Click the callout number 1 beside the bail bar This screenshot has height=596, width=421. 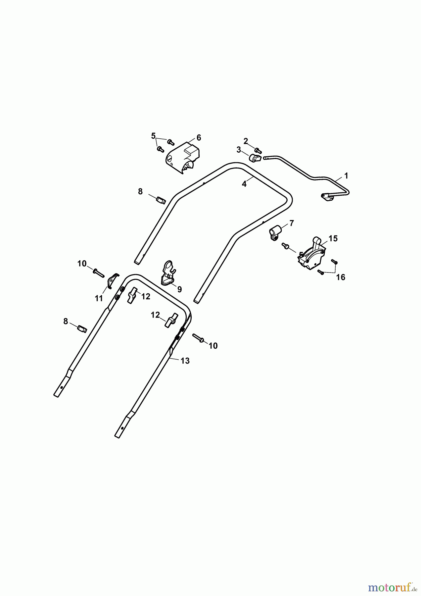pyautogui.click(x=346, y=175)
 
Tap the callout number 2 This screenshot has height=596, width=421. pyautogui.click(x=246, y=141)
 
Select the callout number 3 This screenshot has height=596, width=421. pyautogui.click(x=239, y=150)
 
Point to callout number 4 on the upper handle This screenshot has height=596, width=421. pyautogui.click(x=244, y=184)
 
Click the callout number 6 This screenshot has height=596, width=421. pyautogui.click(x=199, y=137)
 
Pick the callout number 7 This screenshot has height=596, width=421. pyautogui.click(x=291, y=223)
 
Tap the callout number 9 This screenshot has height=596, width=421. pyautogui.click(x=179, y=289)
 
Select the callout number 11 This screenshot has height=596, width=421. pyautogui.click(x=99, y=298)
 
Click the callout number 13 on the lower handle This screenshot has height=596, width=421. pyautogui.click(x=185, y=361)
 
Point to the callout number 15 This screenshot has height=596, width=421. pyautogui.click(x=333, y=238)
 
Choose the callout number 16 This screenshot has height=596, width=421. pyautogui.click(x=341, y=277)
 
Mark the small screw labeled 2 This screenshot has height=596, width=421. pyautogui.click(x=258, y=151)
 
